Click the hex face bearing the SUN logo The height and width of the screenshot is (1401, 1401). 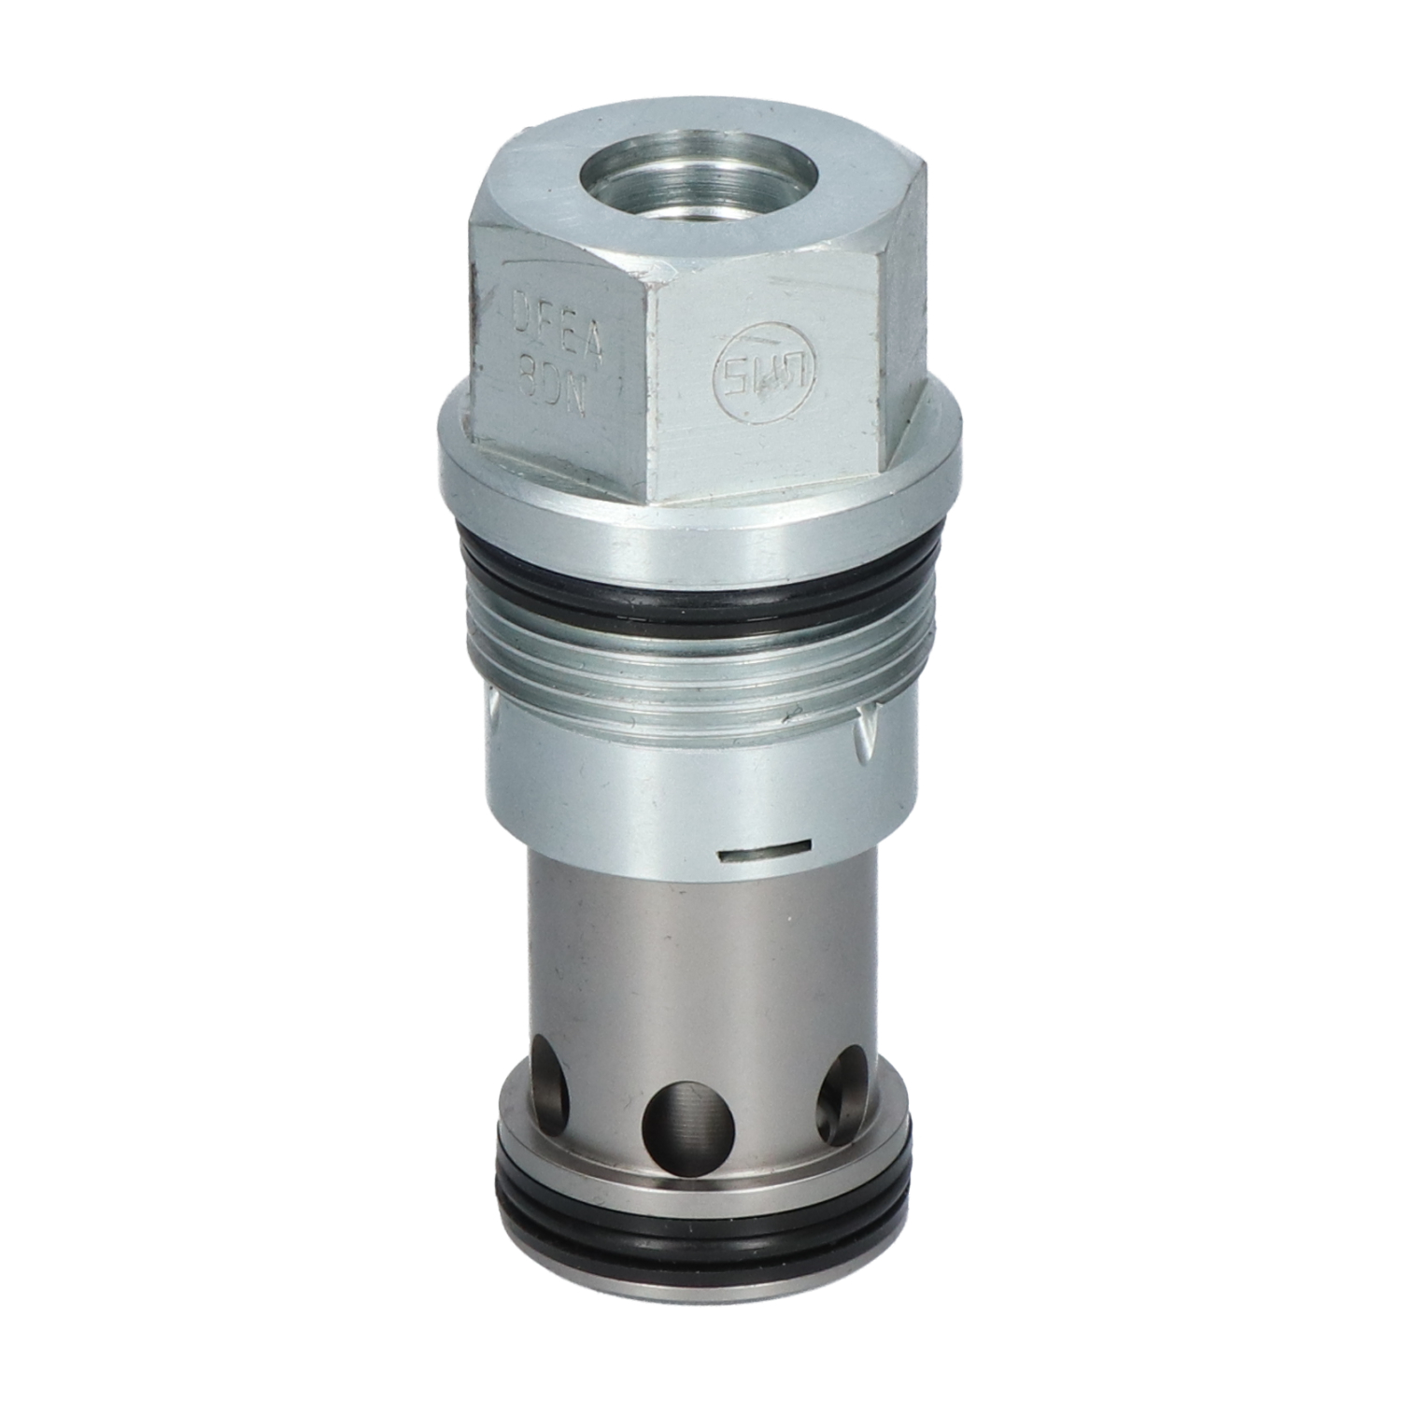(766, 392)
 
